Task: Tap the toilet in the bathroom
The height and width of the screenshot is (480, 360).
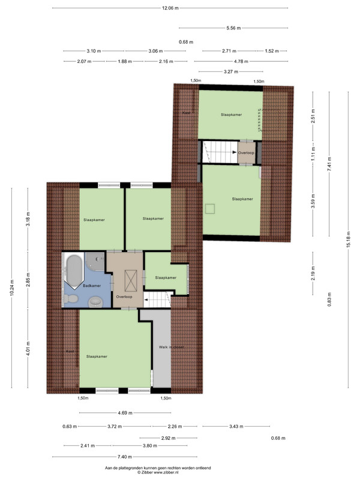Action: tap(72, 298)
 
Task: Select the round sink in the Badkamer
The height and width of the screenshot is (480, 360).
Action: tap(95, 302)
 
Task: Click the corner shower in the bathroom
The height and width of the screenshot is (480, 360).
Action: tap(95, 261)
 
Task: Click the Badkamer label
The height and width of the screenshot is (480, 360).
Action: tap(92, 286)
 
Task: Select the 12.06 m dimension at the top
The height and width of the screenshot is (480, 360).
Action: tap(170, 8)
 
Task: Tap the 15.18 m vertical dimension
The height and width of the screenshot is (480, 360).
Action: tap(349, 240)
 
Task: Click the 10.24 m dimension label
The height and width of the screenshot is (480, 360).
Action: tap(12, 288)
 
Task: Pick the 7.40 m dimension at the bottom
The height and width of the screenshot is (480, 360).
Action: tap(125, 457)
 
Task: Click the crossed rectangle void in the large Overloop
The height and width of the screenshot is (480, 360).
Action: tap(131, 280)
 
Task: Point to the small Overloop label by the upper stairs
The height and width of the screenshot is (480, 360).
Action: tap(246, 153)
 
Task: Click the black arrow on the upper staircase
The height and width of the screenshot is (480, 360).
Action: tap(235, 152)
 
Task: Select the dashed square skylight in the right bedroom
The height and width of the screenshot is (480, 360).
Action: tap(209, 209)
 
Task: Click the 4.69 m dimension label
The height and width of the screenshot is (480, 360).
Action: tap(125, 413)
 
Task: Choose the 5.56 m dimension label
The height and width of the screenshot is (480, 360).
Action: tap(233, 28)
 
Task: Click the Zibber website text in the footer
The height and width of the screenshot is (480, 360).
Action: tap(158, 472)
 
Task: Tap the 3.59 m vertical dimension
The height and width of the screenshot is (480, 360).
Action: tap(313, 201)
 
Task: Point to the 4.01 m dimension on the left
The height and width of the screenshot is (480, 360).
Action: tap(28, 349)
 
